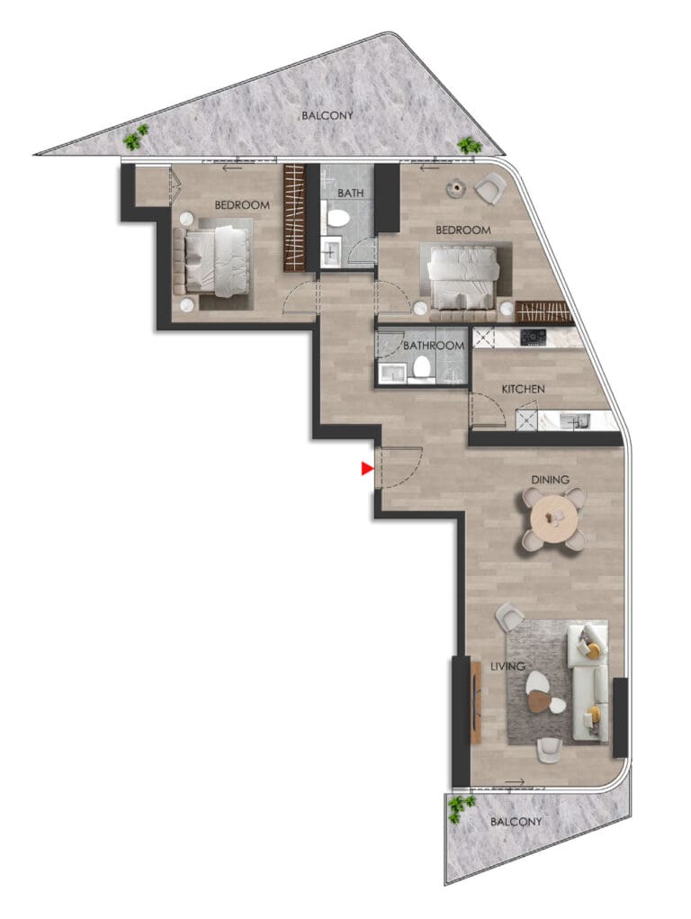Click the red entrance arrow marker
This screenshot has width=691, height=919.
click(x=367, y=468)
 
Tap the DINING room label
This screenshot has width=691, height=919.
click(x=550, y=480)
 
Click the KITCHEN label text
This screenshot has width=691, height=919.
click(x=523, y=389)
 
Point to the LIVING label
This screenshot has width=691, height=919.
click(x=507, y=666)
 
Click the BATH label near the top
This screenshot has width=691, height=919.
click(x=351, y=193)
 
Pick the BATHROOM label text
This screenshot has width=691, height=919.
click(x=434, y=346)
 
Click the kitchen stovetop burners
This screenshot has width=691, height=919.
click(x=534, y=337)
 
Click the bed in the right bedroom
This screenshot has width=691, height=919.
click(x=463, y=276)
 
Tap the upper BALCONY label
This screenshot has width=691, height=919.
click(x=327, y=115)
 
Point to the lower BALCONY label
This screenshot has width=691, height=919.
click(x=516, y=822)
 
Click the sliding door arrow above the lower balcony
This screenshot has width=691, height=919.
click(x=514, y=782)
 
